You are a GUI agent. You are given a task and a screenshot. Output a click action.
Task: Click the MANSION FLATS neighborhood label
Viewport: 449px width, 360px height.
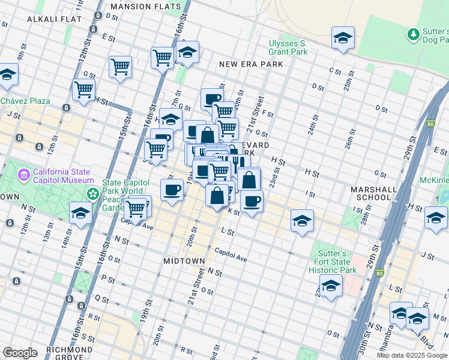click(146, 7)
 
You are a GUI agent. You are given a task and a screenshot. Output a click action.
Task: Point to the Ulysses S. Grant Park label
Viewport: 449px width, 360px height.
click(288, 47)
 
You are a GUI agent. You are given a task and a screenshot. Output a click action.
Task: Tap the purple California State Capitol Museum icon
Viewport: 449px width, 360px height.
click(24, 175)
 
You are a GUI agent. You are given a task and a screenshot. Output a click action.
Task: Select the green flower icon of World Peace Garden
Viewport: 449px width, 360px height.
click(93, 193)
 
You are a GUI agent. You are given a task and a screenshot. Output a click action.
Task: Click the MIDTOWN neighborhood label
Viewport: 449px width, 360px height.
click(184, 262)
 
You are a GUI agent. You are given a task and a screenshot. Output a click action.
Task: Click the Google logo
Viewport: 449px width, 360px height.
click(20, 353)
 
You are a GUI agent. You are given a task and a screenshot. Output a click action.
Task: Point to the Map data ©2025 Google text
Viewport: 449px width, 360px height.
click(411, 355)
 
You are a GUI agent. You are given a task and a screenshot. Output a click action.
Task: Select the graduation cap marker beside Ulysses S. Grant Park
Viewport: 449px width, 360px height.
click(343, 38)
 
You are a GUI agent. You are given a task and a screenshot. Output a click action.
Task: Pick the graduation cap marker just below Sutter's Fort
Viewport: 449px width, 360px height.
click(331, 286)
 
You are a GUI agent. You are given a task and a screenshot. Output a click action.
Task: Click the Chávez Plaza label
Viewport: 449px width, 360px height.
click(25, 101)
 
